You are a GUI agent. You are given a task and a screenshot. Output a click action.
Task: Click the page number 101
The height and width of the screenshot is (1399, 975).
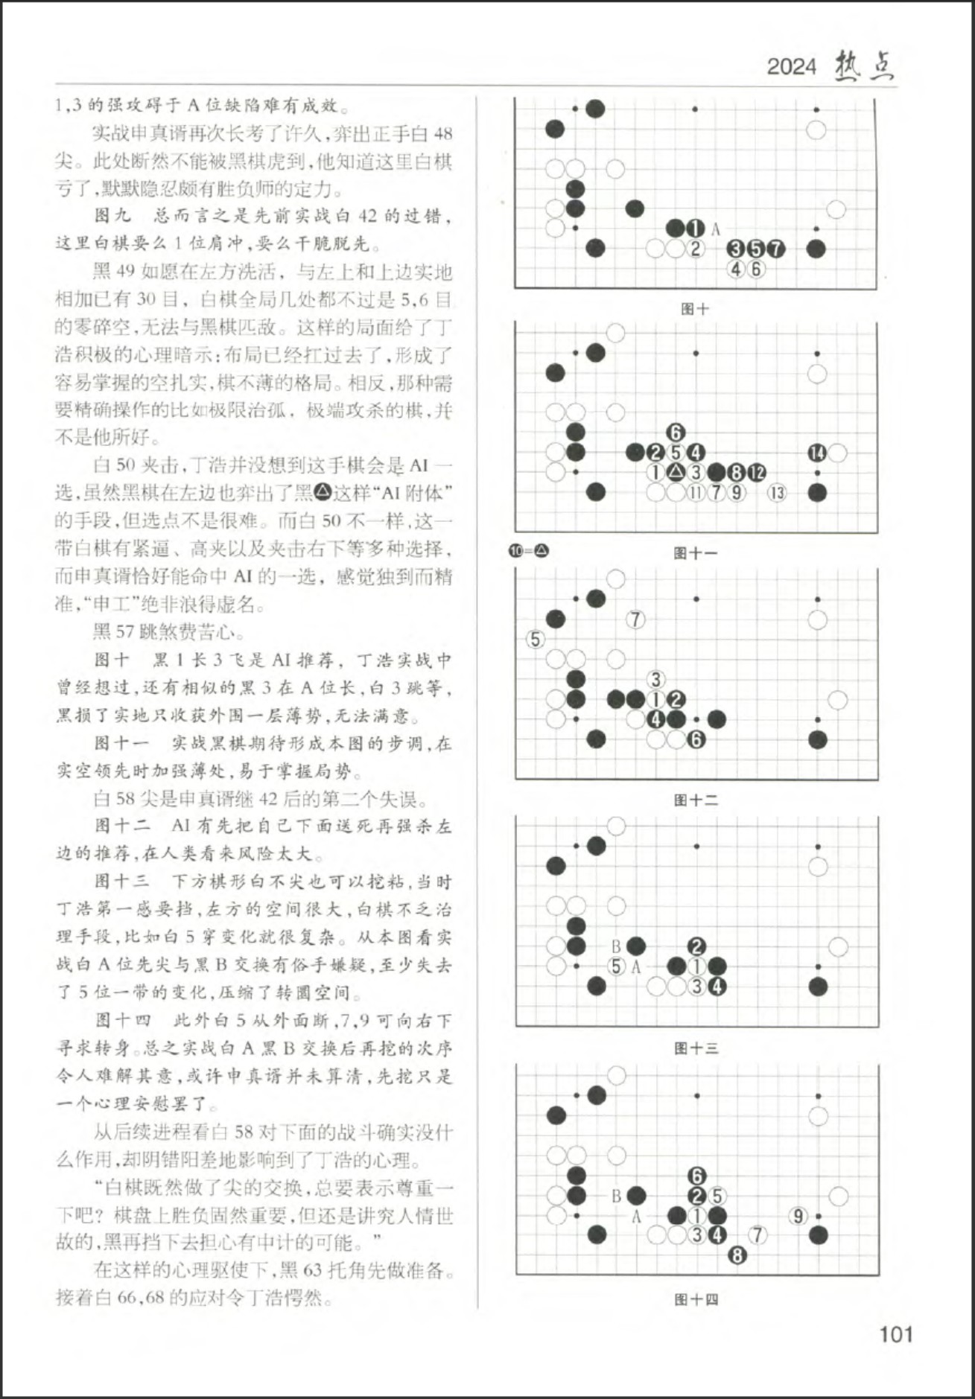pos(895,1333)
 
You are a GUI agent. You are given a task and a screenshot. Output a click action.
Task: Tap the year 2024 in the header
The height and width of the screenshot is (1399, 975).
pos(792,67)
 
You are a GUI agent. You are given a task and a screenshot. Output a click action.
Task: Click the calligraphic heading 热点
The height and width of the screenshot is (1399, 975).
pos(864,66)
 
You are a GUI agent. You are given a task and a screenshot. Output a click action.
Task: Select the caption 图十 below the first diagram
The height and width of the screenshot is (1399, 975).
pos(695,308)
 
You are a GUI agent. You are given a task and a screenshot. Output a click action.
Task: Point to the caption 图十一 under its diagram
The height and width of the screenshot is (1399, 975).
pos(695,552)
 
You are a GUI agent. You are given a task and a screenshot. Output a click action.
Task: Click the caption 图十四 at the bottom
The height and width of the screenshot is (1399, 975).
pos(696,1299)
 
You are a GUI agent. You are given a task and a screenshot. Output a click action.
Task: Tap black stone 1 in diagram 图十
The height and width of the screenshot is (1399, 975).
pos(695,229)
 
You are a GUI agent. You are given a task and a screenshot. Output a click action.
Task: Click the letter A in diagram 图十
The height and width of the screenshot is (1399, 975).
pos(716,229)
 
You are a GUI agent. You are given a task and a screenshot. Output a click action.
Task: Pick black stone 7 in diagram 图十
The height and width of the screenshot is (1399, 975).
pos(776,249)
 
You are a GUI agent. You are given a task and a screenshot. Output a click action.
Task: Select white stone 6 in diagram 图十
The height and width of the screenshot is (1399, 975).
pos(756,269)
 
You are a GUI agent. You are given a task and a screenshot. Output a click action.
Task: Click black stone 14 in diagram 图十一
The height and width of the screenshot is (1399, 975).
pos(817,453)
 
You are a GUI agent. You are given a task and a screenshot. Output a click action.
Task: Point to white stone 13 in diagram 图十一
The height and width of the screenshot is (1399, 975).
pos(777,492)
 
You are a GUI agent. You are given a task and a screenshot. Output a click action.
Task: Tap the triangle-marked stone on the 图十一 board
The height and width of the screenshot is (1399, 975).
pos(676,472)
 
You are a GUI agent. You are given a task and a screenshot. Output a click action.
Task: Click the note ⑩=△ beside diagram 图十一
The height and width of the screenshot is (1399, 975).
pos(529,551)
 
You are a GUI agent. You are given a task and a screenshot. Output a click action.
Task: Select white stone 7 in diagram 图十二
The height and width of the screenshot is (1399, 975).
pos(635,619)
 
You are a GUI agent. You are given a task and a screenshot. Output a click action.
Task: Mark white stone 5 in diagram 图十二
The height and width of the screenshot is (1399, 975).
pos(535,639)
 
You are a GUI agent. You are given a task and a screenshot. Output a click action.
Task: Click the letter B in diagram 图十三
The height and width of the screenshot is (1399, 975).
pos(616,946)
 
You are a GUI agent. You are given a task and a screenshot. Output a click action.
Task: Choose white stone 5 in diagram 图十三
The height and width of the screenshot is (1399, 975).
pos(616,966)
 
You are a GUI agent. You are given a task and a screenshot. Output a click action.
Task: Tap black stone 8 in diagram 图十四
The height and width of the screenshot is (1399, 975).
pos(737,1255)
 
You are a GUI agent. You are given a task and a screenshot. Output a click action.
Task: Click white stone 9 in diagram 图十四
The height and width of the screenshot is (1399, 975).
pos(798,1216)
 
